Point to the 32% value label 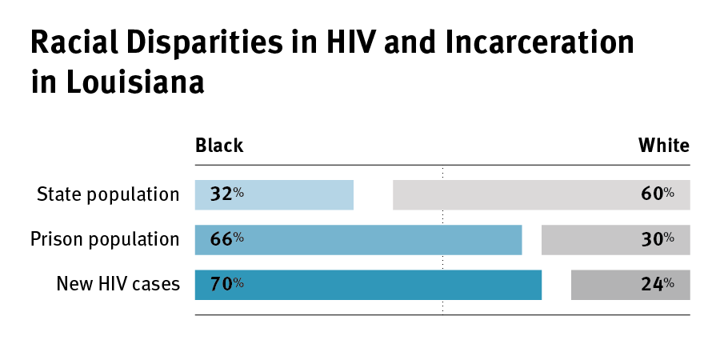pyautogui.click(x=227, y=194)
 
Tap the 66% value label pyautogui.click(x=227, y=239)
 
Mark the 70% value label pyautogui.click(x=227, y=284)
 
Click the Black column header pyautogui.click(x=219, y=146)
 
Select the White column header pyautogui.click(x=663, y=146)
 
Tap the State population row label pyautogui.click(x=108, y=194)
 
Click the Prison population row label pyautogui.click(x=105, y=239)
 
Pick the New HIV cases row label pyautogui.click(x=118, y=284)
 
